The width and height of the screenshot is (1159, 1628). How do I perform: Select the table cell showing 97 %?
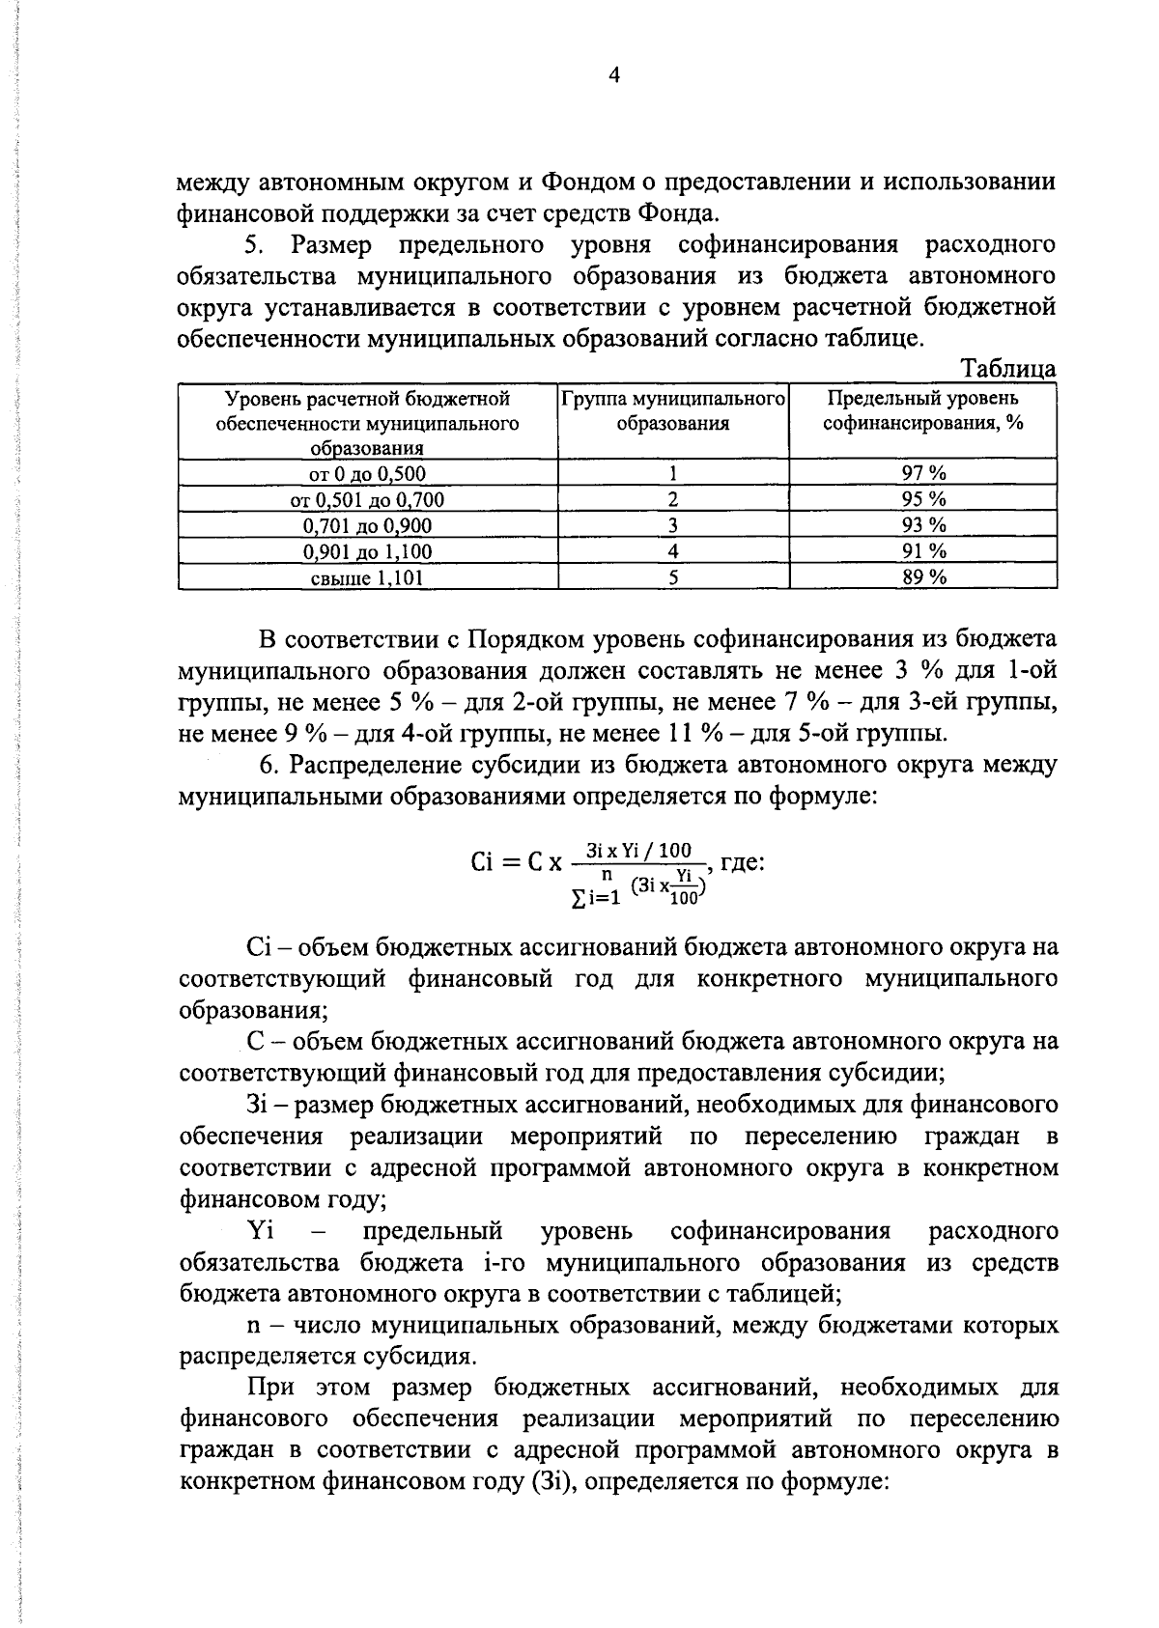click(923, 473)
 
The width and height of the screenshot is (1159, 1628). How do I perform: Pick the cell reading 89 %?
click(923, 577)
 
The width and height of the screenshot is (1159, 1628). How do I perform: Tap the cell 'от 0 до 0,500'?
click(367, 473)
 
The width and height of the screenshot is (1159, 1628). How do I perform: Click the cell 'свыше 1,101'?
click(367, 577)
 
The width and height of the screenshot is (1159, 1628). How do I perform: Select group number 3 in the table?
click(673, 525)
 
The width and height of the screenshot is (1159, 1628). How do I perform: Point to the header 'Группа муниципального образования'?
click(673, 410)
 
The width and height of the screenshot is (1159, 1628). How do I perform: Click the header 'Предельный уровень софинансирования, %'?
click(923, 410)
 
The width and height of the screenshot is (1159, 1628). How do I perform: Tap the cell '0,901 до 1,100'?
click(367, 551)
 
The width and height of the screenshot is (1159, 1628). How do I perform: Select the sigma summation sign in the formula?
click(578, 899)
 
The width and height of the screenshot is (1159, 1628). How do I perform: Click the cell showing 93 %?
click(923, 525)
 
